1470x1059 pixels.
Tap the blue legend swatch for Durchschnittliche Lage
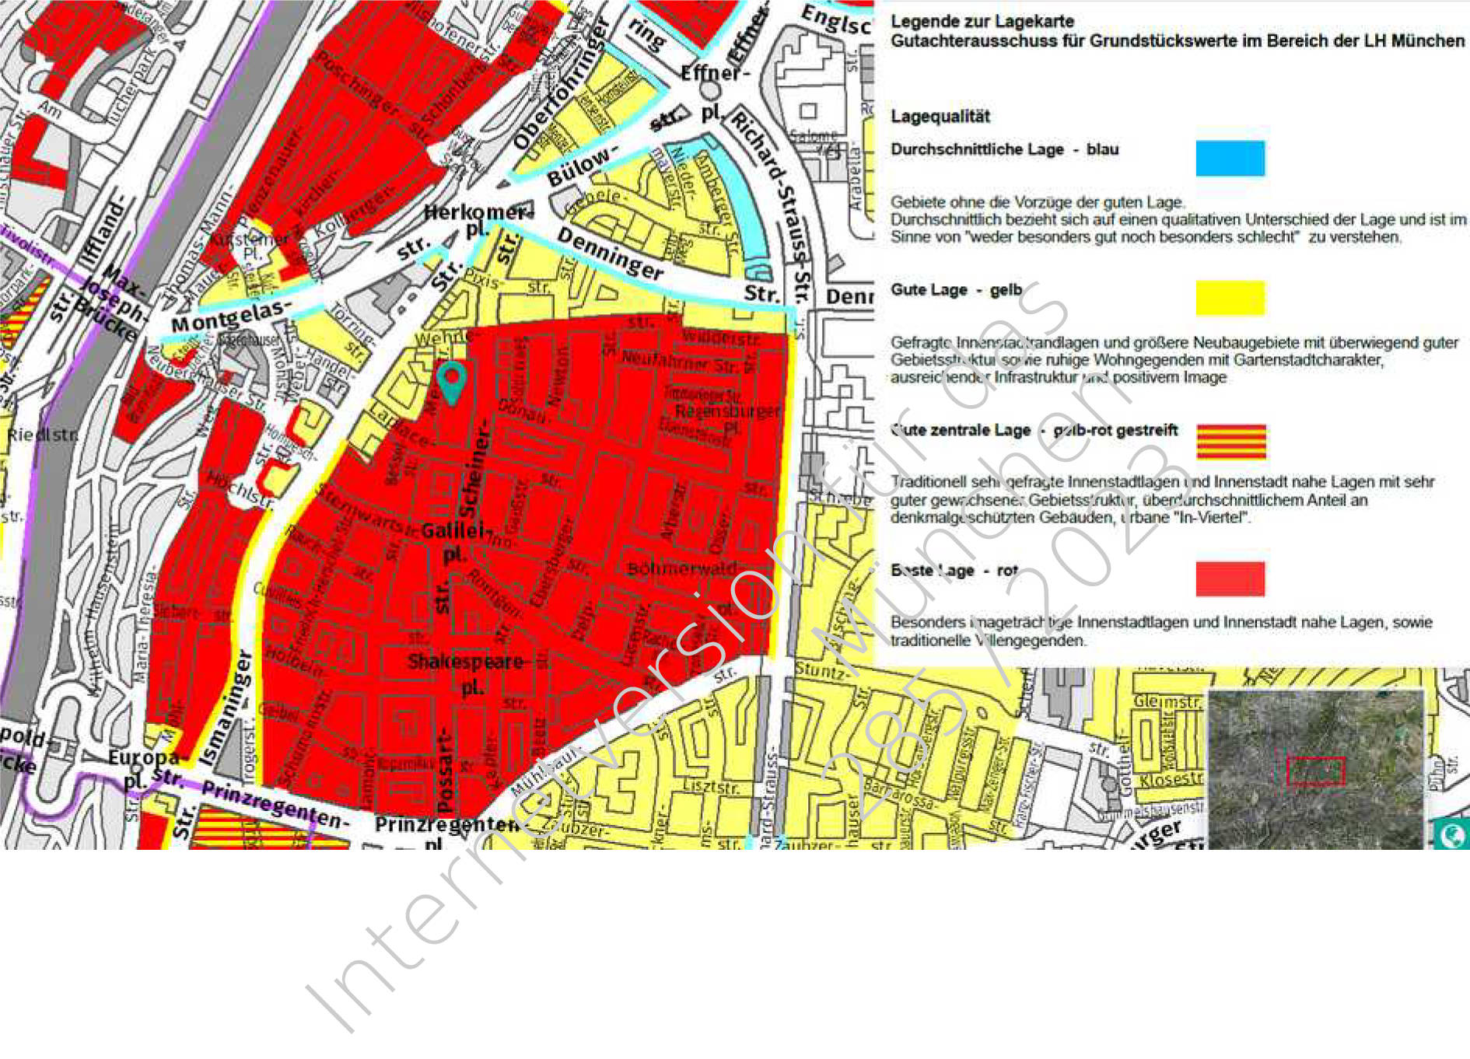coord(1230,158)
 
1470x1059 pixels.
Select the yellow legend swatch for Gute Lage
coord(1230,298)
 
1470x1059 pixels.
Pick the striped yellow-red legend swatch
coord(1230,441)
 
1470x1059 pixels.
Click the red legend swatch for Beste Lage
coord(1230,578)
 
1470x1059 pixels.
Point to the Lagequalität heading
coord(940,117)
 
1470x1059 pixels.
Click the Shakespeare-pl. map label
coord(467,673)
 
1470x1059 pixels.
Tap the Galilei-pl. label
coord(457,541)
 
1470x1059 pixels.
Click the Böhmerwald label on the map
coord(681,568)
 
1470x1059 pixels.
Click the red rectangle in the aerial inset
coord(1315,771)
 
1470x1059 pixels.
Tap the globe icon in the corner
coord(1451,835)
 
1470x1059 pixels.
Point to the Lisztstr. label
coord(711,788)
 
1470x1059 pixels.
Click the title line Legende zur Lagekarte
coord(982,21)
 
